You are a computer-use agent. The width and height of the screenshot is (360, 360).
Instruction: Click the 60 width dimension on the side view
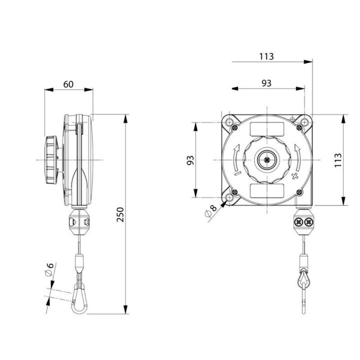(x=68, y=84)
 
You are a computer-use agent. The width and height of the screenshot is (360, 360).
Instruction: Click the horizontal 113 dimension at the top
(x=266, y=56)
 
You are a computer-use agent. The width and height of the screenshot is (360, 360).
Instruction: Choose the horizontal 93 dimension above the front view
(x=266, y=83)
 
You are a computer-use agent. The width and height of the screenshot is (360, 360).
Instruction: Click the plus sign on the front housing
(x=295, y=176)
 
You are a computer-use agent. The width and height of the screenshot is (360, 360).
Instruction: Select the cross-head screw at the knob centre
(x=267, y=159)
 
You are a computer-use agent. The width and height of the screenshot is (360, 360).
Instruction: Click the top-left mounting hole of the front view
(x=230, y=122)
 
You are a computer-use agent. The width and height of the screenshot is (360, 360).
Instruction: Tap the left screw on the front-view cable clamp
(x=299, y=222)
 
